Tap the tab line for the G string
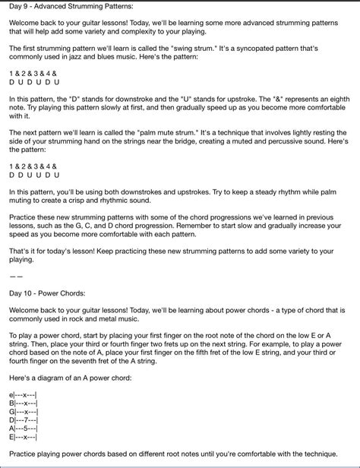tap(24, 410)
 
